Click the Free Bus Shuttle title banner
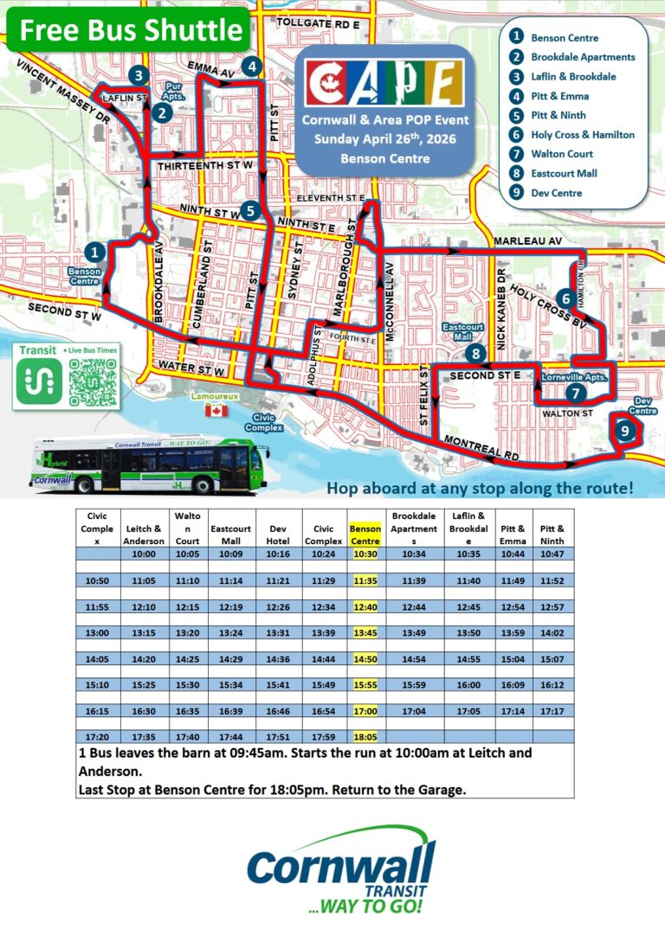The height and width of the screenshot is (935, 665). [132, 30]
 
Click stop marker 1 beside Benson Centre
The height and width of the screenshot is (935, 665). [96, 253]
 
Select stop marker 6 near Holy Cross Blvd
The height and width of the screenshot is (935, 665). [565, 299]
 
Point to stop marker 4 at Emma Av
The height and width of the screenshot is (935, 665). [251, 66]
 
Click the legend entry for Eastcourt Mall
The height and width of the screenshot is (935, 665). [564, 173]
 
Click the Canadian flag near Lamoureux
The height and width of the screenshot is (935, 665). [212, 411]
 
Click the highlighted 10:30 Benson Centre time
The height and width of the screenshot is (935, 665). [365, 554]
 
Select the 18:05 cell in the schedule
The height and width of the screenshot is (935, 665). [365, 736]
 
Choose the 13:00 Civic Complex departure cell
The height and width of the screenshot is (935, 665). [97, 632]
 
